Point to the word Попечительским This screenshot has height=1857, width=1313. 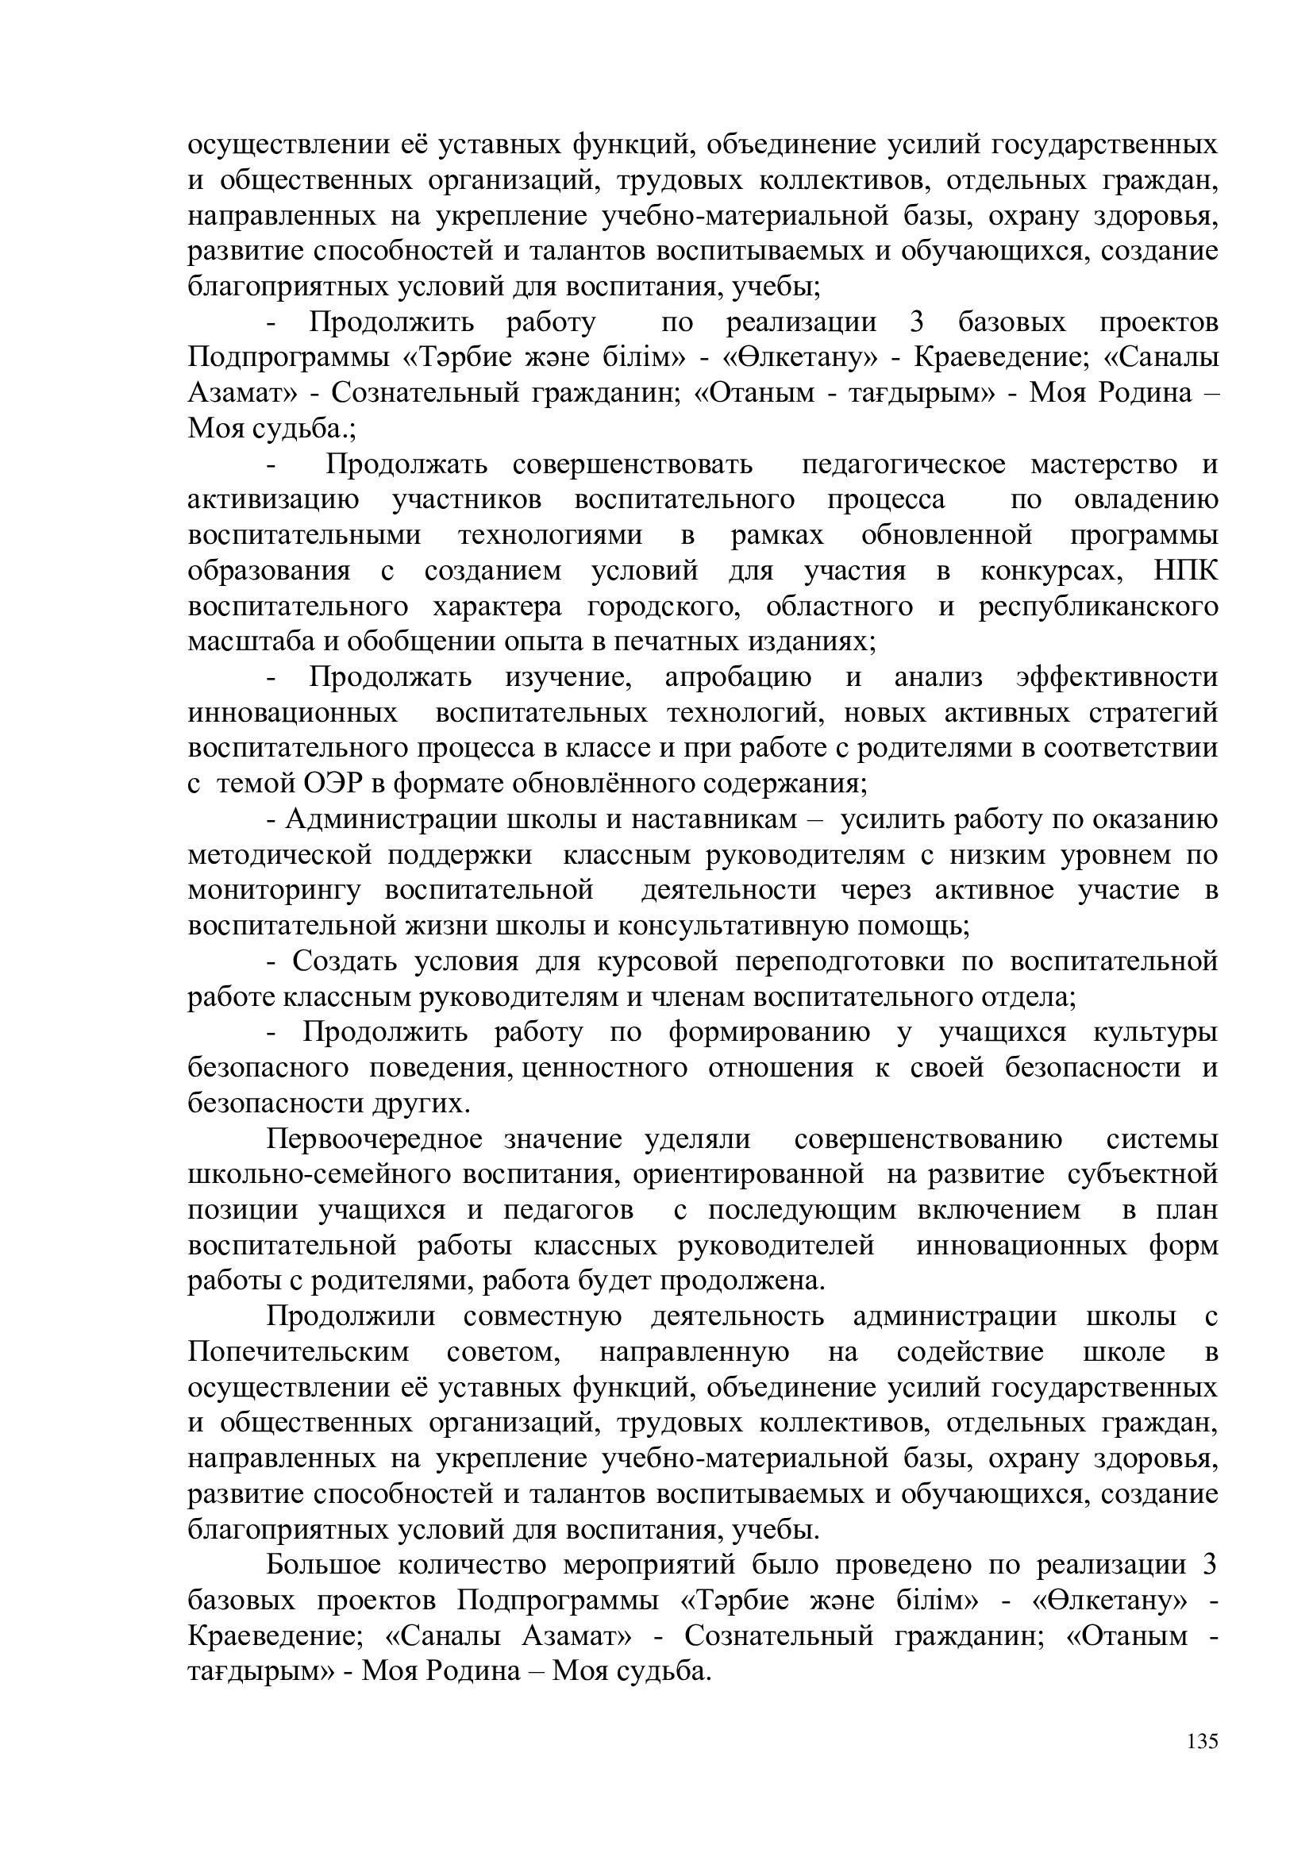tap(298, 1352)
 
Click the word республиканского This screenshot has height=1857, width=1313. tap(1098, 607)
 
